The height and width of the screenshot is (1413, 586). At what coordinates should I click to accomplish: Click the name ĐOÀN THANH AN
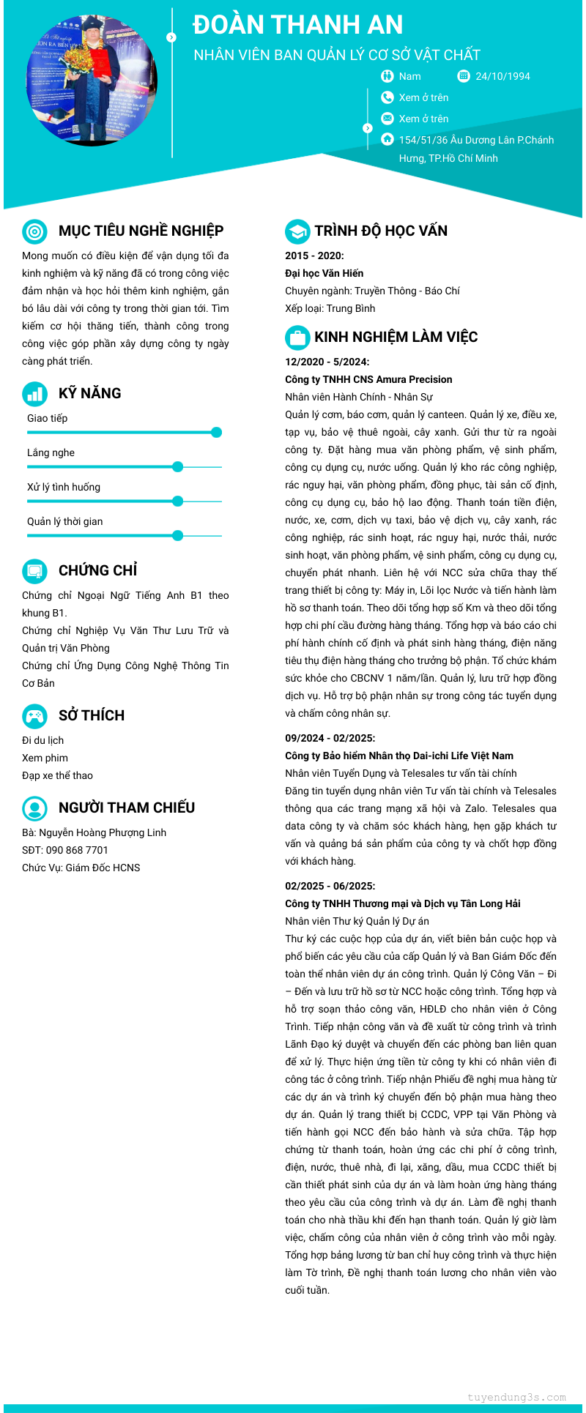[x=297, y=25]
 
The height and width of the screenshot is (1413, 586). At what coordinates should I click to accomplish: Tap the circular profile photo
[x=92, y=79]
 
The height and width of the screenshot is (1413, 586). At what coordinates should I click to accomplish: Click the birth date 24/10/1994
[x=502, y=76]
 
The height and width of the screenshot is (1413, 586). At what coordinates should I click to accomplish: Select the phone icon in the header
[x=387, y=97]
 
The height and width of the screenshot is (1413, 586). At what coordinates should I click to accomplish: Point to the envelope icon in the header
[x=387, y=119]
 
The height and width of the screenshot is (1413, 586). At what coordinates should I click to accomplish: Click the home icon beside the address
[x=387, y=139]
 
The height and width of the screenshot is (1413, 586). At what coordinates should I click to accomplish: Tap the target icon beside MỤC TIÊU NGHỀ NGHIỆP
[x=34, y=231]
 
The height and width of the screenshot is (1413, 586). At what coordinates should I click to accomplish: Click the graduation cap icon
[x=297, y=231]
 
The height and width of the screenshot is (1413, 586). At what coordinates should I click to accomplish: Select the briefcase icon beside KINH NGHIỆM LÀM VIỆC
[x=297, y=338]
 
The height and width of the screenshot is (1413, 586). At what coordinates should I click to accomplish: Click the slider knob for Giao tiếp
[x=216, y=432]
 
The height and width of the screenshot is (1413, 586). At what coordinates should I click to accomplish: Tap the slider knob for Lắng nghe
[x=177, y=466]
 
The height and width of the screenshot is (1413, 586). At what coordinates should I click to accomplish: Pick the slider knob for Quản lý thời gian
[x=177, y=535]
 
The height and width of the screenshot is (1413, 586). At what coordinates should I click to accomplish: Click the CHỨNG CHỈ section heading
[x=97, y=570]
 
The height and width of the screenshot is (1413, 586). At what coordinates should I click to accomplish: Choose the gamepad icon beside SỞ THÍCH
[x=34, y=715]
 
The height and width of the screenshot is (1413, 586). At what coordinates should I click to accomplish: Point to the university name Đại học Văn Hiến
[x=324, y=273]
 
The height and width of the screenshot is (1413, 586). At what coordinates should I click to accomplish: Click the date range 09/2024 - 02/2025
[x=330, y=738]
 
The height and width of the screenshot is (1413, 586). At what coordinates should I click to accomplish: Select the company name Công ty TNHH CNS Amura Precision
[x=368, y=379]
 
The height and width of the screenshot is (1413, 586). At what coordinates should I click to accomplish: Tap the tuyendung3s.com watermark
[x=516, y=1397]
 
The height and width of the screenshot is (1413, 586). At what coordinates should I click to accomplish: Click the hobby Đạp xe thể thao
[x=57, y=775]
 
